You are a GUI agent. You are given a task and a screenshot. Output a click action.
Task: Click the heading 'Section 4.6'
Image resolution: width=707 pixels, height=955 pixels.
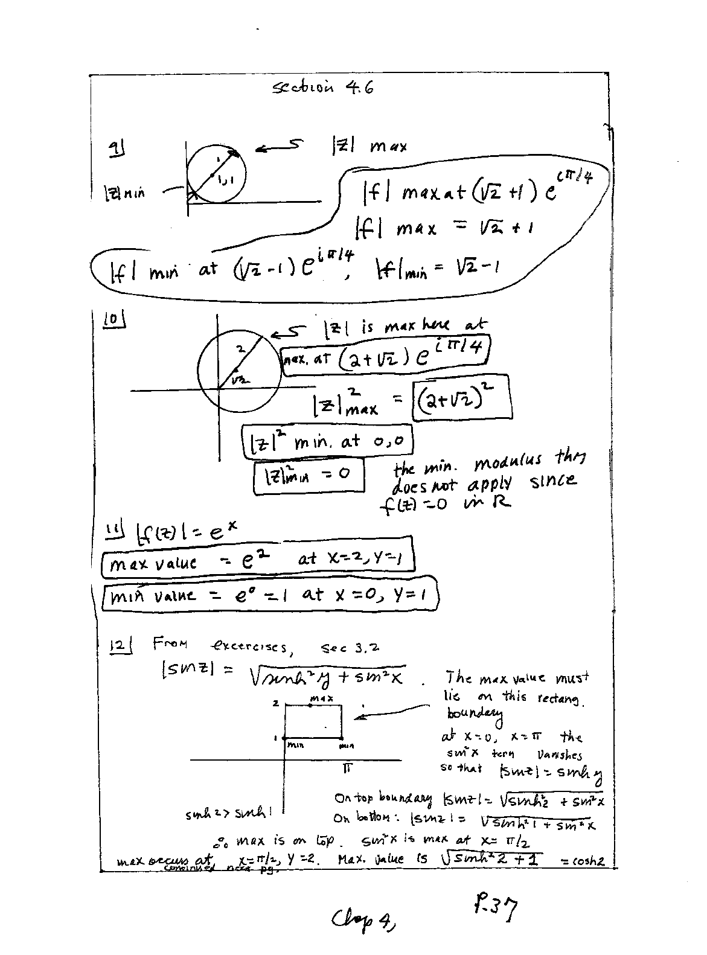(323, 88)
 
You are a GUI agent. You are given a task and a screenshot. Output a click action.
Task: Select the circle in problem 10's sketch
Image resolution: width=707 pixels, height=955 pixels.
(240, 367)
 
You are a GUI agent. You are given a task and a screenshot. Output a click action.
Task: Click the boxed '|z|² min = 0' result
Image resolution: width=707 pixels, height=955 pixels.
(309, 476)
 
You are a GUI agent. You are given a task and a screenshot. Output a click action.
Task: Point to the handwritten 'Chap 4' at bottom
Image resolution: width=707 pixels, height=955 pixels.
(363, 920)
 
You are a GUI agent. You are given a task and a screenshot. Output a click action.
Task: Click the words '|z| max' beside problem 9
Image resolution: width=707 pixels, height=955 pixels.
(369, 145)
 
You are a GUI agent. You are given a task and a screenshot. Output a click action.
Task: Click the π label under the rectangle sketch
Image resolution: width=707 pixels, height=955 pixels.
(348, 768)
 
